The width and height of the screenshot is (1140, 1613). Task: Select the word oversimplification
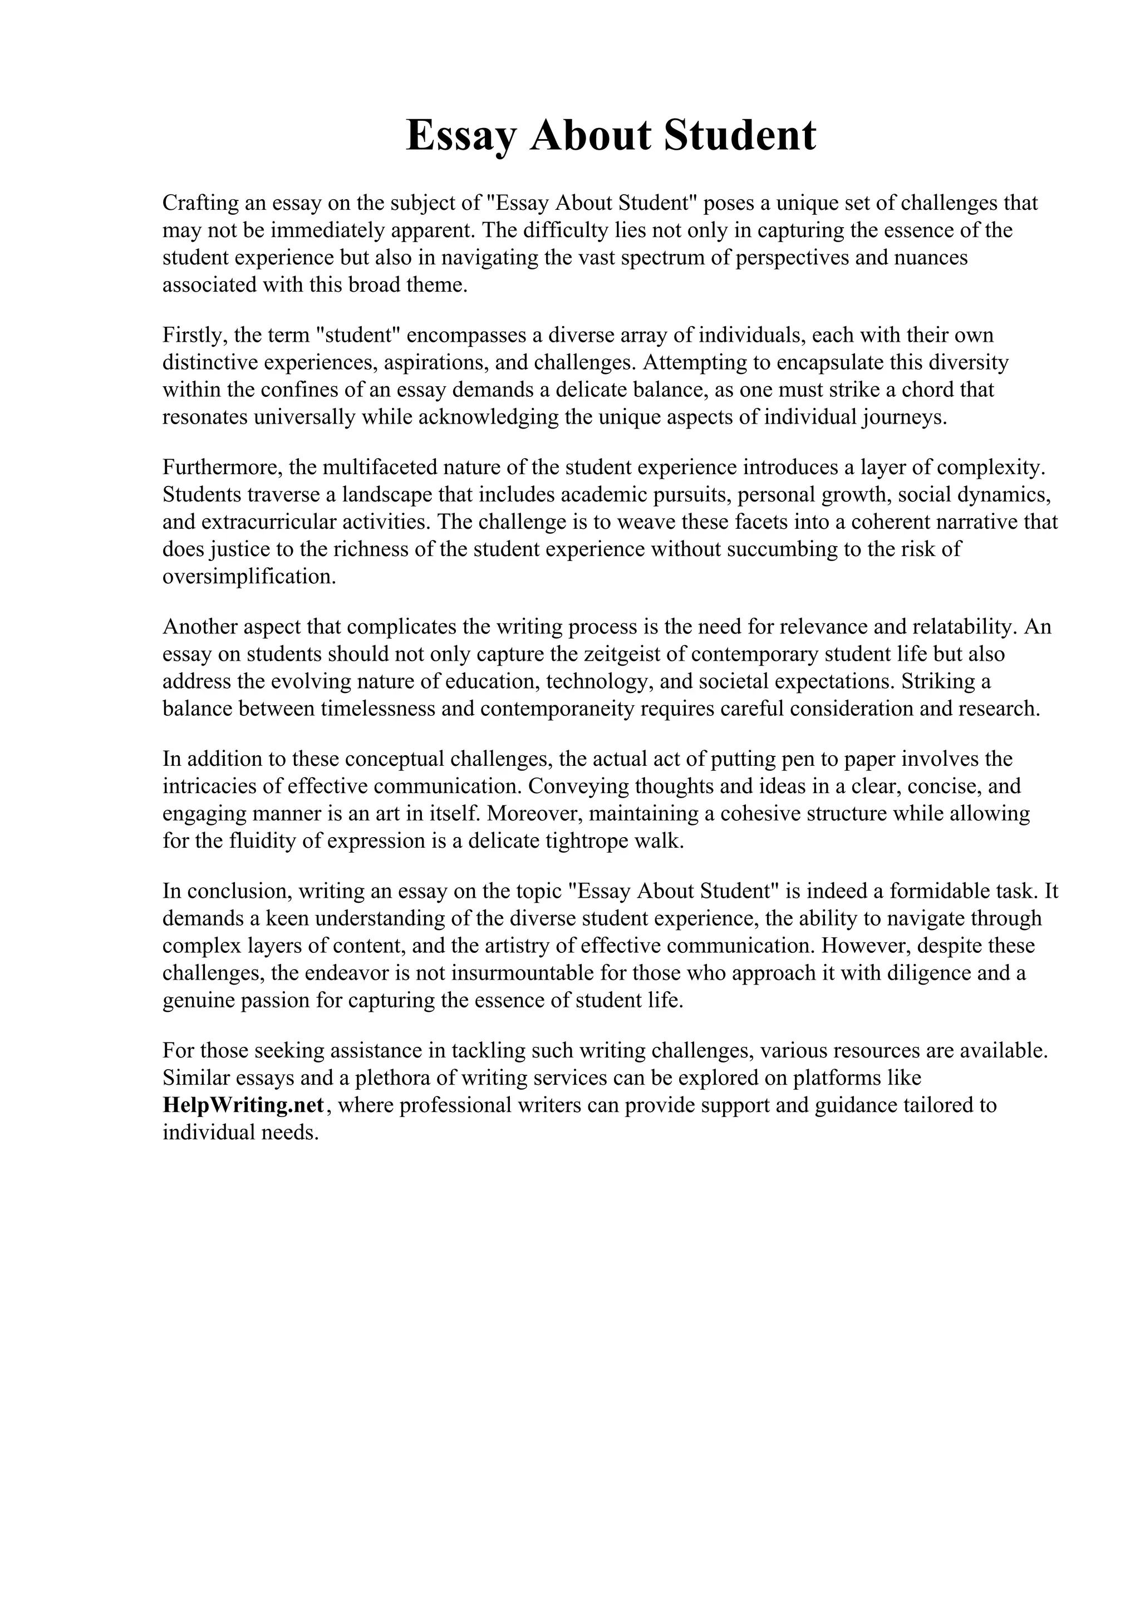click(x=249, y=577)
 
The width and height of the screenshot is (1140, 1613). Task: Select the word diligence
click(x=930, y=973)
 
